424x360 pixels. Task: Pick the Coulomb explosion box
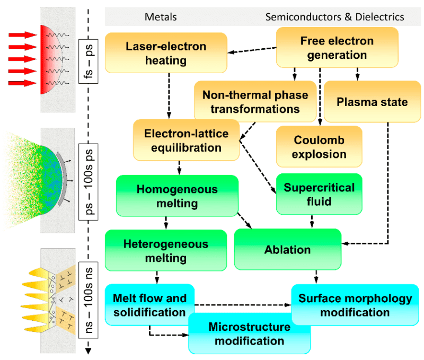coord(319,147)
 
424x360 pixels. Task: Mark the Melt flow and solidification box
coord(149,305)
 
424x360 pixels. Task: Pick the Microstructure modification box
coord(249,333)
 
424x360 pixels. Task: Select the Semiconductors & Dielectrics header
coord(334,17)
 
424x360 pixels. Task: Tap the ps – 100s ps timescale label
coord(88,174)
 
